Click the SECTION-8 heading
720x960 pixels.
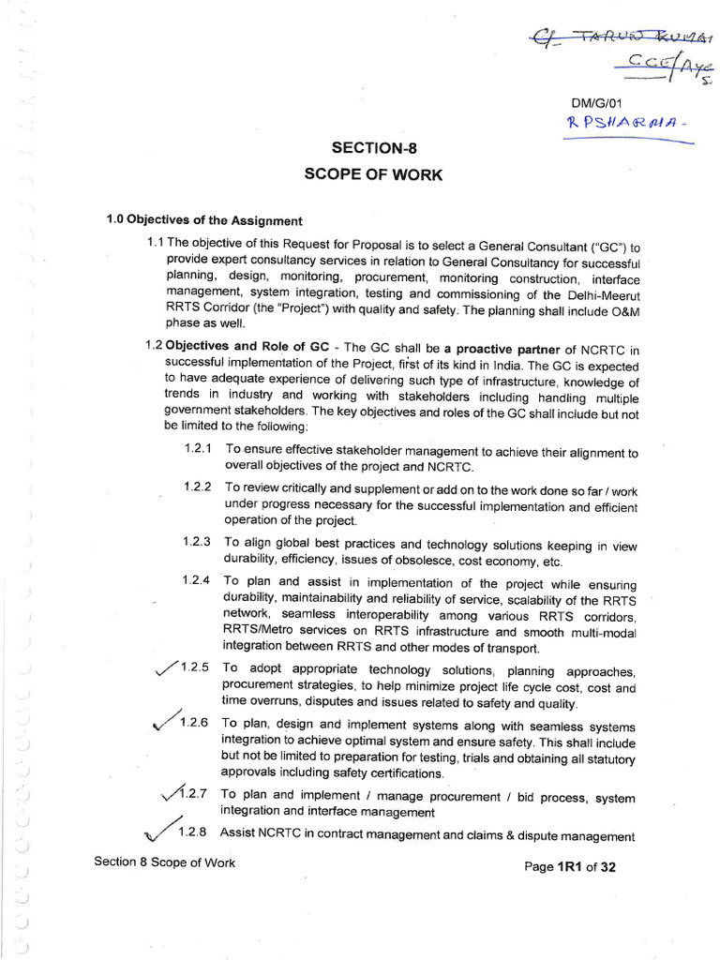pyautogui.click(x=372, y=148)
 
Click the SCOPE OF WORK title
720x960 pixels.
pyautogui.click(x=372, y=174)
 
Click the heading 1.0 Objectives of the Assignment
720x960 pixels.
pyautogui.click(x=204, y=221)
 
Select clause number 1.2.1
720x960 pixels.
pyautogui.click(x=198, y=450)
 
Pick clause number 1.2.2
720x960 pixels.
pyautogui.click(x=198, y=487)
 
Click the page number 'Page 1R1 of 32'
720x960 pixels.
pyautogui.click(x=571, y=867)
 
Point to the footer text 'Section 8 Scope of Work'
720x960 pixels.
pyautogui.click(x=165, y=862)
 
